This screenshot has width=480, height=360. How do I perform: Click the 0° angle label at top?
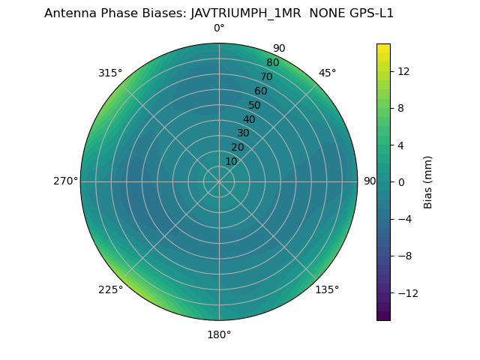point(219,28)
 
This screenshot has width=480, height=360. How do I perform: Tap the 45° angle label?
point(327,73)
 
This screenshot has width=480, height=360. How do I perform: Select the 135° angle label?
point(327,289)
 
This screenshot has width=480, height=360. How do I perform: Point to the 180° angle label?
point(219,334)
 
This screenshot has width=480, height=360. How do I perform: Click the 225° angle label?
point(110,289)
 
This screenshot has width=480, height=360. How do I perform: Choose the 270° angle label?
point(65,181)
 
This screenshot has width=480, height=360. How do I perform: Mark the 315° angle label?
point(110,73)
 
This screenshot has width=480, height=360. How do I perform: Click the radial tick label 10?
point(231,161)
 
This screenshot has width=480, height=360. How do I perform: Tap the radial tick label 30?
point(243,133)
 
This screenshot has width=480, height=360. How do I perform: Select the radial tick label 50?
point(255,106)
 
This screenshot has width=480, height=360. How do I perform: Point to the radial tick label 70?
point(266,77)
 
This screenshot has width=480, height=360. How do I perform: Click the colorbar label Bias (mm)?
point(428,182)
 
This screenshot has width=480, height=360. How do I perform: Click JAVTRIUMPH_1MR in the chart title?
point(241,13)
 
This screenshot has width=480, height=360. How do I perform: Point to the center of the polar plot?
point(219,181)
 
